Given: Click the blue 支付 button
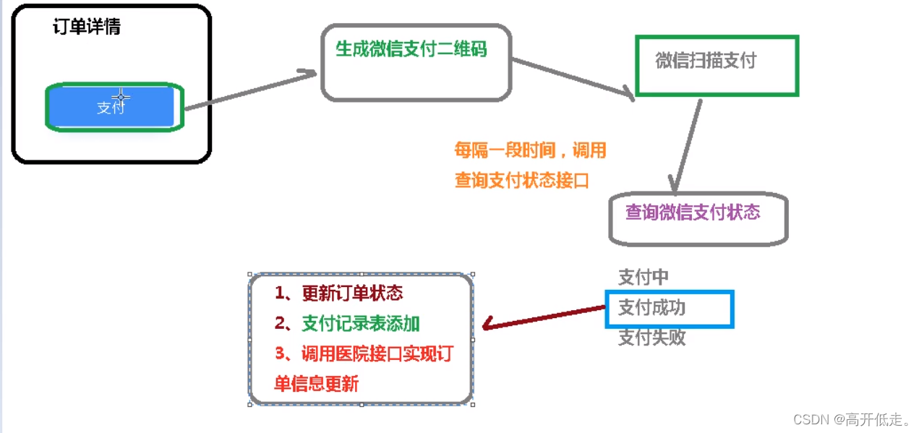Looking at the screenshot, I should (111, 108).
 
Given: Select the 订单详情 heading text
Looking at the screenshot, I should (87, 27).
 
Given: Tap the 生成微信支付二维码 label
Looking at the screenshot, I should (411, 49).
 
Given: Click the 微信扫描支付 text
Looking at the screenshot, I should (705, 61).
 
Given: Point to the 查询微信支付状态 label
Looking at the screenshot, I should (693, 213).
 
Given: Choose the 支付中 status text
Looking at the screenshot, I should (643, 277).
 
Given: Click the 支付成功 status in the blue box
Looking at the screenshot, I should (651, 308).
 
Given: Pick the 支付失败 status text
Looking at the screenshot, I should (651, 338).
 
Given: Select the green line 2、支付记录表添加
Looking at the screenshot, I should (347, 324).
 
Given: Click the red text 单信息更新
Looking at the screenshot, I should (316, 384).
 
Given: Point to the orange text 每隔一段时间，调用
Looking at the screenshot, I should (529, 150).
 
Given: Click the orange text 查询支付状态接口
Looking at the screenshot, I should (521, 181).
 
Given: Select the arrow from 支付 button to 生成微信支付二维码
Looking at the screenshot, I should (250, 90).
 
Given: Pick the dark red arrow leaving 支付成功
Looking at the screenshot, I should (542, 317).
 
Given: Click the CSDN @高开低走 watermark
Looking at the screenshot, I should (852, 419).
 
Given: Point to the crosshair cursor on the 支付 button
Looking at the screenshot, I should (121, 96).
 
